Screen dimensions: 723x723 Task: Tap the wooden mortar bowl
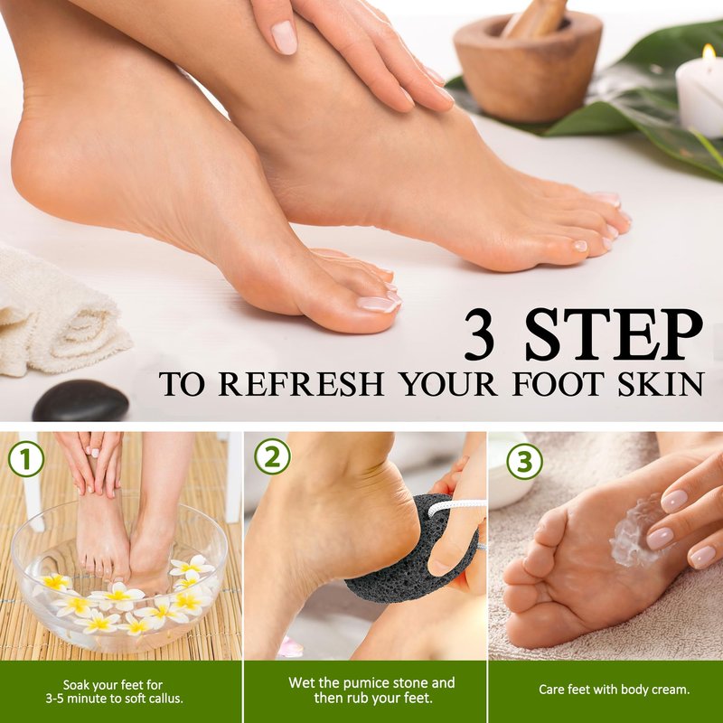[x=528, y=70]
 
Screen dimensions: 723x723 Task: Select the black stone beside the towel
[x=80, y=400]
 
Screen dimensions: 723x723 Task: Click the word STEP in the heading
[x=614, y=334]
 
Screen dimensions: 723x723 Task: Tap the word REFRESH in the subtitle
[x=301, y=383]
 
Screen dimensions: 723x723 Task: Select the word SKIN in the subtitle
[x=661, y=383]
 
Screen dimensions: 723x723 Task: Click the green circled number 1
[x=26, y=459]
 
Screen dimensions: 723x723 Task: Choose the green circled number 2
[x=272, y=456]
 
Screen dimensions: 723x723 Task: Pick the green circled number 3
[x=524, y=461]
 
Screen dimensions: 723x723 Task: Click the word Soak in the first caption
[x=78, y=685]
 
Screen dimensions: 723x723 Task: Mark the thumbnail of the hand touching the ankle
[x=284, y=37]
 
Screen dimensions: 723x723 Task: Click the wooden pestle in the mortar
[x=536, y=17]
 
